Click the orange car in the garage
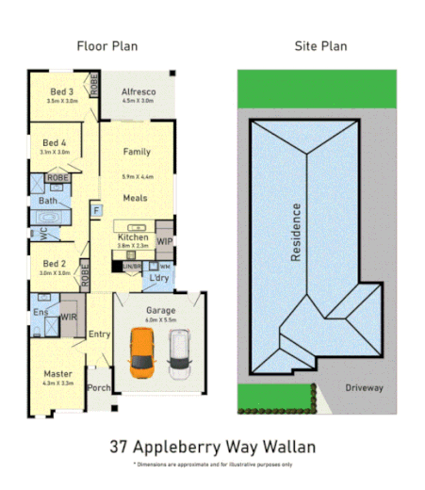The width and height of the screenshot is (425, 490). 140,353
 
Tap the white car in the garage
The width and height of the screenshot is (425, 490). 179,353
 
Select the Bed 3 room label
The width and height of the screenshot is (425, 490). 62,90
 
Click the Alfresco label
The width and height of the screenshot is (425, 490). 139,91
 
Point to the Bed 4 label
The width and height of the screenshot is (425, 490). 56,142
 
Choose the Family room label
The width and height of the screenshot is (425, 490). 138,152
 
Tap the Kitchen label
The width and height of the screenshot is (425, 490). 133,237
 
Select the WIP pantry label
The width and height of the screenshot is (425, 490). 165,241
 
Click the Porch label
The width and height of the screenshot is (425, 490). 99,387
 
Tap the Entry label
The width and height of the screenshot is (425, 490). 99,335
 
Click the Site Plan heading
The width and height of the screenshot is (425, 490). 321,45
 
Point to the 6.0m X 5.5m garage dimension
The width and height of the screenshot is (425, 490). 160,320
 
